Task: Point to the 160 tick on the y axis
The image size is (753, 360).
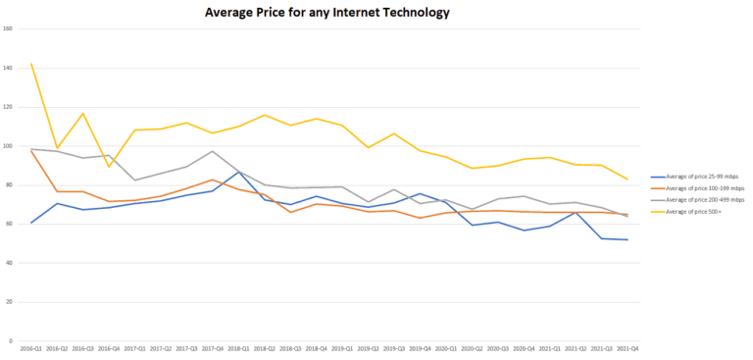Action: (x=8, y=28)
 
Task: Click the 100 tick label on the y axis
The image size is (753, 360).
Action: (x=8, y=146)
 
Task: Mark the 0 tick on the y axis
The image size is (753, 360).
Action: (x=10, y=340)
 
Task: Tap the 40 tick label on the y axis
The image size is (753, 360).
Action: (x=9, y=263)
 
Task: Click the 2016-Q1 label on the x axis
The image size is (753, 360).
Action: (x=31, y=348)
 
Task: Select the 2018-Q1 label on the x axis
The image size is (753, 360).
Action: (x=239, y=348)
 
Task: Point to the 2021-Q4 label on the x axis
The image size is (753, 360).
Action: (x=627, y=348)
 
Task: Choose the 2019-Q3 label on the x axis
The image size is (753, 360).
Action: (x=394, y=348)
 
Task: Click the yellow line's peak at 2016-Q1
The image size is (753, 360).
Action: (x=31, y=64)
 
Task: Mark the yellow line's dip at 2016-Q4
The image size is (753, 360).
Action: (x=109, y=167)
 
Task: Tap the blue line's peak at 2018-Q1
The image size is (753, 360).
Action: (x=239, y=172)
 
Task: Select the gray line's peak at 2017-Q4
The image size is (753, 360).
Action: (x=213, y=151)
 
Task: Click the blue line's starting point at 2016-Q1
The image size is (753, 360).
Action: (x=31, y=223)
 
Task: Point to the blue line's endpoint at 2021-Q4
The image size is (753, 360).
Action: (x=627, y=239)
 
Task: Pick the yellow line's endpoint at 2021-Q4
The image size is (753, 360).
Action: (x=627, y=180)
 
